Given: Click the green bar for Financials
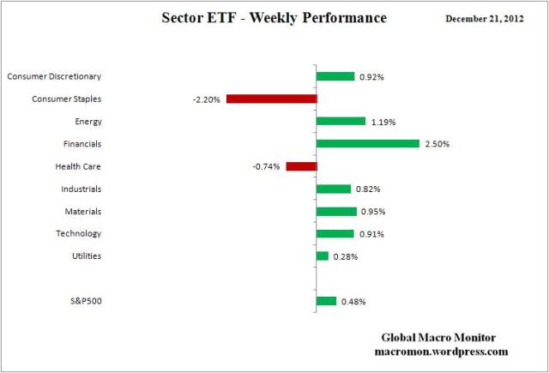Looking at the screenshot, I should (x=368, y=143).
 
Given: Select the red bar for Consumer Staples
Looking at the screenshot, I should (x=272, y=99).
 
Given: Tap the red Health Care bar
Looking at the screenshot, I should (x=301, y=165).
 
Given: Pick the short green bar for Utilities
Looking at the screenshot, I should (x=323, y=256).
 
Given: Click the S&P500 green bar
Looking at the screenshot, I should (x=327, y=301).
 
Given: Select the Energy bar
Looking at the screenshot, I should (x=341, y=121).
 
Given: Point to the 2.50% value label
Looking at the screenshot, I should (x=437, y=144).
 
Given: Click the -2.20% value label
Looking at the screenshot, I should (x=208, y=99).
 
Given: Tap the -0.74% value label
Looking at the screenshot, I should (x=267, y=166).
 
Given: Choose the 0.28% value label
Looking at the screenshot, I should (x=345, y=256).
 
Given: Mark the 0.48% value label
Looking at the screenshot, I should (x=353, y=302).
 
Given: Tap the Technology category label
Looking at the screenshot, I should (x=79, y=233).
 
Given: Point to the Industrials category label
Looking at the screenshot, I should (x=81, y=189).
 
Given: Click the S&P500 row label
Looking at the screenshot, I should (x=85, y=301).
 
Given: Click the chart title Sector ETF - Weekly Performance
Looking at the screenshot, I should (x=274, y=18).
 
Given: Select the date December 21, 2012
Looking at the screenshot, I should (x=490, y=19).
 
